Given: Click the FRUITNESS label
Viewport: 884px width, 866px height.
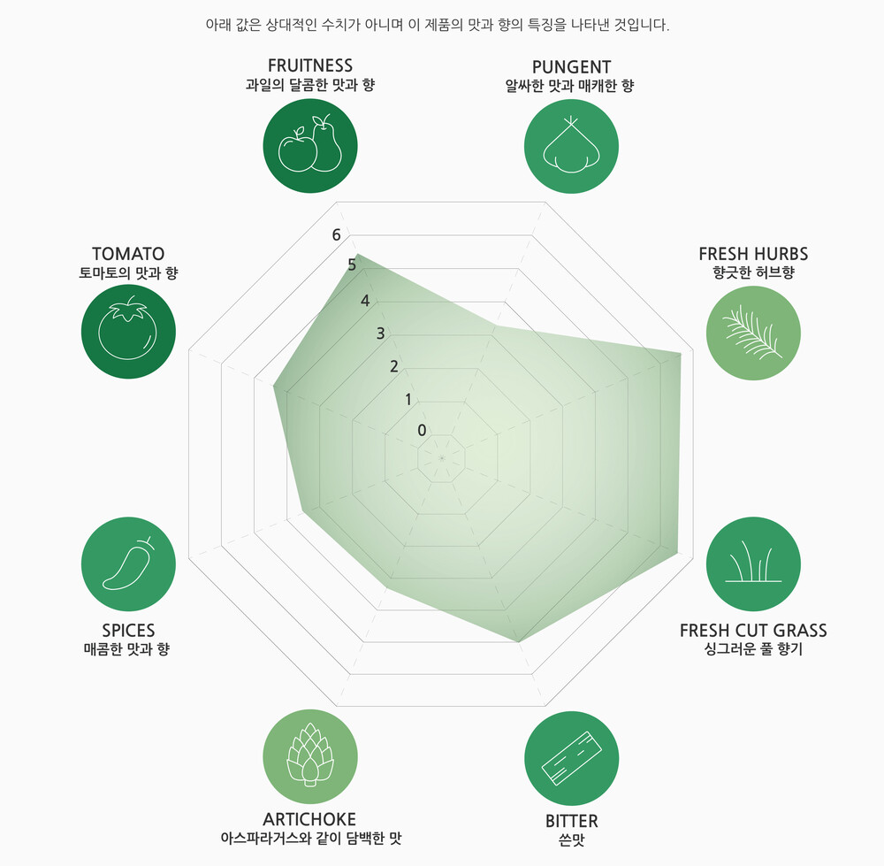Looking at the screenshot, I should (310, 65).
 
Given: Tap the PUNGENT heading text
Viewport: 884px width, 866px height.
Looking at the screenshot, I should (571, 67).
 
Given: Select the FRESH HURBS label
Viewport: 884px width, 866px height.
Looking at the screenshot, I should (753, 254).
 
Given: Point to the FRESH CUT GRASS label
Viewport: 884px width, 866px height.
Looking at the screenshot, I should (753, 631).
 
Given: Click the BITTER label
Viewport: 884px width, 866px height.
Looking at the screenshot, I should (571, 821).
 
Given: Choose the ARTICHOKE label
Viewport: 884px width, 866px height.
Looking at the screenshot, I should (309, 819).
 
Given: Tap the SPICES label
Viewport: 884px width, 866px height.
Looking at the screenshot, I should (128, 631).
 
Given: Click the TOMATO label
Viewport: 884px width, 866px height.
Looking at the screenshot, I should (128, 254).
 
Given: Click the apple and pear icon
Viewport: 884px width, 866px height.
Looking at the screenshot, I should (310, 146).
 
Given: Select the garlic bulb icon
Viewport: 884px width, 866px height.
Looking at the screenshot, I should (571, 146).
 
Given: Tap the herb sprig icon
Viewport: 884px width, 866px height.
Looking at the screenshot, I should (753, 333).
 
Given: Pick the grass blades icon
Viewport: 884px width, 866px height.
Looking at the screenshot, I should (753, 564).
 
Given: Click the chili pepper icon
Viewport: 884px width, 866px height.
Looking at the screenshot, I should (128, 564).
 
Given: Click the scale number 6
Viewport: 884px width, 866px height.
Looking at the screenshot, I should (336, 235).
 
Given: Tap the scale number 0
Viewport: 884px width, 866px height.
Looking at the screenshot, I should (422, 431).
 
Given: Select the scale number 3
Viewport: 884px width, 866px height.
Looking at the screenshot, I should (380, 333).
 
